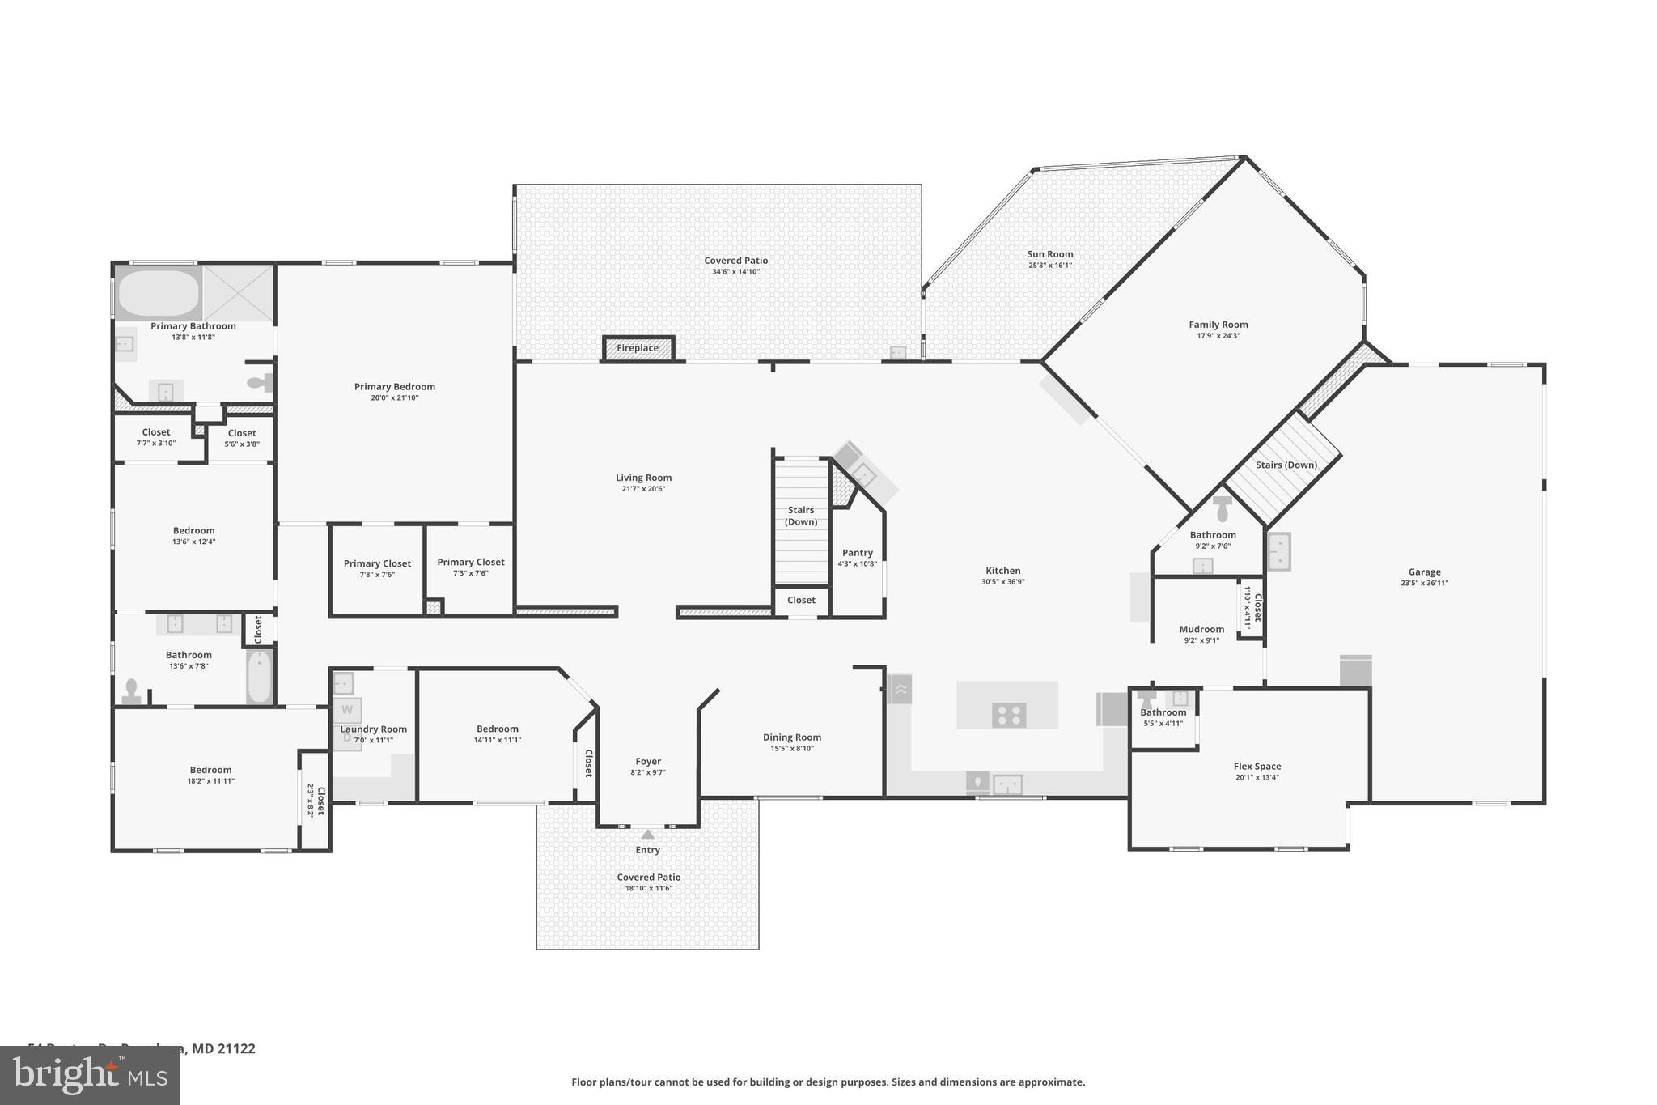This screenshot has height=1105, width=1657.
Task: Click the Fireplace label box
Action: pyautogui.click(x=638, y=348)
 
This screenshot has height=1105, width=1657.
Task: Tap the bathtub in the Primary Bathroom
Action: pyautogui.click(x=159, y=292)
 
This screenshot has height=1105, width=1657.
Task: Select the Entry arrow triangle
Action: pyautogui.click(x=647, y=835)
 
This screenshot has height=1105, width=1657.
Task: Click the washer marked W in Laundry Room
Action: pyautogui.click(x=347, y=710)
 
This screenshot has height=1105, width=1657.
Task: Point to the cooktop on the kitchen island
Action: pyautogui.click(x=1009, y=715)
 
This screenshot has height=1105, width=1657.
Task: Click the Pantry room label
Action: pyautogui.click(x=857, y=553)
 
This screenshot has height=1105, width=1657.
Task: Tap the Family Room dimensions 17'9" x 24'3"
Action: pyautogui.click(x=1218, y=336)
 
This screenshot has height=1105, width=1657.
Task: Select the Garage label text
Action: pyautogui.click(x=1424, y=572)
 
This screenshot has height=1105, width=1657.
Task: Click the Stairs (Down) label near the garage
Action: pyautogui.click(x=1286, y=465)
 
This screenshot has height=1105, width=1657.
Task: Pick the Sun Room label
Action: pyautogui.click(x=1049, y=254)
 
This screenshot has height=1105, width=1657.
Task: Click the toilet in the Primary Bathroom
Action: pyautogui.click(x=259, y=384)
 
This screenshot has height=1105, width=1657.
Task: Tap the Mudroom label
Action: pyautogui.click(x=1201, y=629)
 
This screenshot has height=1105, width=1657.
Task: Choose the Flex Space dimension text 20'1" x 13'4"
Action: pyautogui.click(x=1257, y=778)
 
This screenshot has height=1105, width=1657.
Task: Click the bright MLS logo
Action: pyautogui.click(x=89, y=1075)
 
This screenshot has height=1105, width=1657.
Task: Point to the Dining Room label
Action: pyautogui.click(x=791, y=737)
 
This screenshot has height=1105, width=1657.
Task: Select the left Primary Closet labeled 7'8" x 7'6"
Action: pyautogui.click(x=377, y=568)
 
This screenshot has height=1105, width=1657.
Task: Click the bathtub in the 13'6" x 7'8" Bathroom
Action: pyautogui.click(x=260, y=677)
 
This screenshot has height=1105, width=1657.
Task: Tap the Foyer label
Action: pyautogui.click(x=647, y=761)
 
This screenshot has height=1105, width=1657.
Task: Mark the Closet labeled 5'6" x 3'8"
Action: pyautogui.click(x=241, y=438)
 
